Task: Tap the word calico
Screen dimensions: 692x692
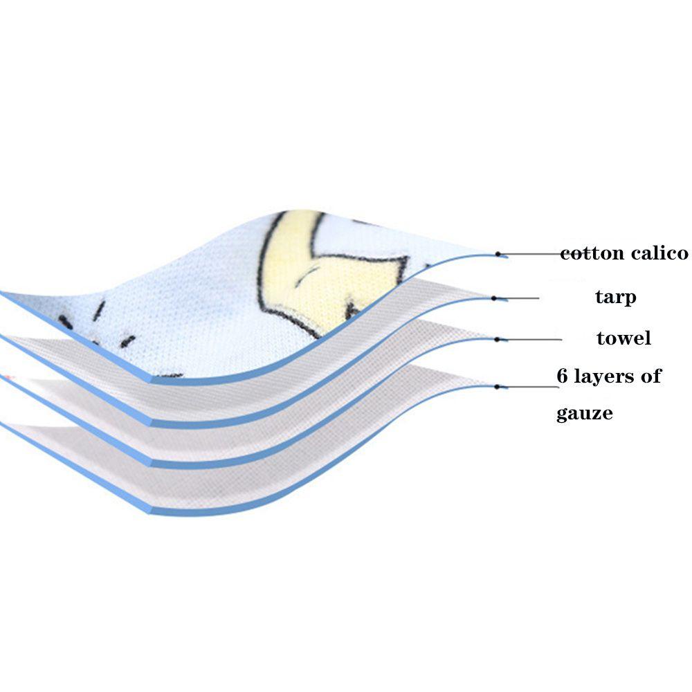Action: (659, 253)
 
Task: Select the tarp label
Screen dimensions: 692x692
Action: (615, 298)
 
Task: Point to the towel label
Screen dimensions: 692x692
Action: (623, 338)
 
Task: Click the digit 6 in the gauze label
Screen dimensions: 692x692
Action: (563, 376)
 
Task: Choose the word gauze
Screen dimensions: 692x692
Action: (585, 414)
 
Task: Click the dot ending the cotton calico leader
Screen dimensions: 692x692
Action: (498, 254)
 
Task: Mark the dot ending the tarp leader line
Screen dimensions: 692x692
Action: (494, 298)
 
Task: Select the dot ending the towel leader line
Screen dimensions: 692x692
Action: (498, 339)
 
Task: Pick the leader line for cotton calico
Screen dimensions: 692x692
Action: (529, 254)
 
